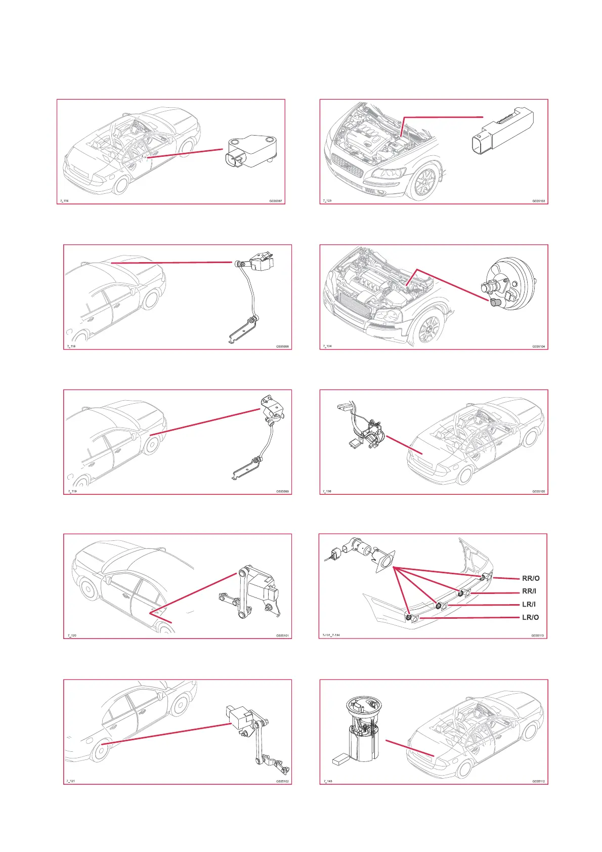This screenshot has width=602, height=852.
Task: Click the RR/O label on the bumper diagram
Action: (531, 578)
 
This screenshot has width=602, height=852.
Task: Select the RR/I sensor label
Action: (529, 591)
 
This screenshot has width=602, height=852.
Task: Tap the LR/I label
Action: (529, 604)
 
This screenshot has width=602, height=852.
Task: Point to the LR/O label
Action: (530, 617)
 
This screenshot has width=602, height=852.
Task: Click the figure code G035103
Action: (539, 201)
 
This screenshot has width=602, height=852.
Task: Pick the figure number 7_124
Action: (327, 347)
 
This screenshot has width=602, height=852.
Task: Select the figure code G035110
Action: (538, 635)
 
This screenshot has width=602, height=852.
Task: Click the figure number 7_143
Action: (327, 781)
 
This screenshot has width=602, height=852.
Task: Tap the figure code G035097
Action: (276, 201)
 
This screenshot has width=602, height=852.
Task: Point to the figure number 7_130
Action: (327, 491)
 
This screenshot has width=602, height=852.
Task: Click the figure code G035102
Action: (282, 781)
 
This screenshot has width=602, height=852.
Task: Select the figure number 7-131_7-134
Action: (331, 635)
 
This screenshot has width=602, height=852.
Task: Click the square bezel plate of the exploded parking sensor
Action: (385, 562)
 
